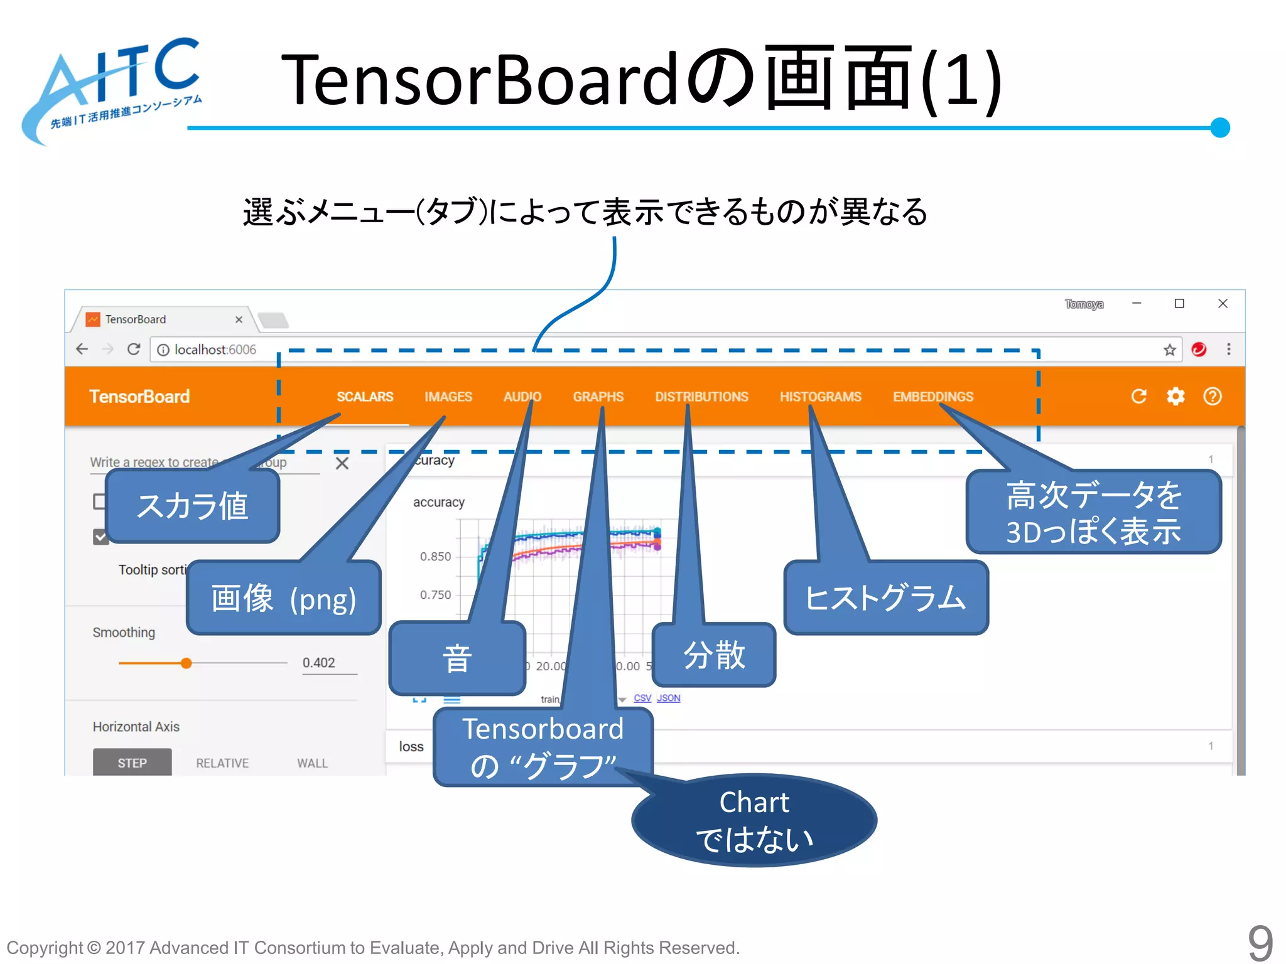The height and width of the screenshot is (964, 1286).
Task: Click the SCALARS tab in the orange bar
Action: pos(365,397)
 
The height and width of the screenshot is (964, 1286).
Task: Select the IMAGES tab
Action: pos(448,397)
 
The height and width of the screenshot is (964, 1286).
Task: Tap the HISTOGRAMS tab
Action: pos(820,397)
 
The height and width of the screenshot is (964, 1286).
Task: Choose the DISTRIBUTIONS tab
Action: pos(701,397)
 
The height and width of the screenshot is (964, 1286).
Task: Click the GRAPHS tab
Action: pos(598,397)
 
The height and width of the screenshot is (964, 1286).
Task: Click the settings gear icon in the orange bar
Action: pos(1175,397)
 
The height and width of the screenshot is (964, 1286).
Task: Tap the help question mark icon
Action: pos(1213,397)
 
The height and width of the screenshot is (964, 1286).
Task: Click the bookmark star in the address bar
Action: pos(1169,350)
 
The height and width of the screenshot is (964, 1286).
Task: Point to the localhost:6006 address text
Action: pos(215,350)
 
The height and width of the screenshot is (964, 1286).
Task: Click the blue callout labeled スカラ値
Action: pos(192,506)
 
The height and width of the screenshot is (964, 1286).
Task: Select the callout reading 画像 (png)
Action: pos(284,597)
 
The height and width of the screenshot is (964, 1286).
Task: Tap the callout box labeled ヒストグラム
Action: pos(885,597)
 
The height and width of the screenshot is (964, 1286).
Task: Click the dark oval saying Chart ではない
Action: pos(754,820)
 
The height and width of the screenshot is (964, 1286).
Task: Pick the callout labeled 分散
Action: pos(714,655)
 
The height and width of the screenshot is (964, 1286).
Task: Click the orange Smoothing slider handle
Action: pos(186,663)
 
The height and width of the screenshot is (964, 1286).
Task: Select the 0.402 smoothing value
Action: pos(319,663)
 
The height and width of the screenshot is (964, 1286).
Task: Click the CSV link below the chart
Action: pos(642,698)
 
